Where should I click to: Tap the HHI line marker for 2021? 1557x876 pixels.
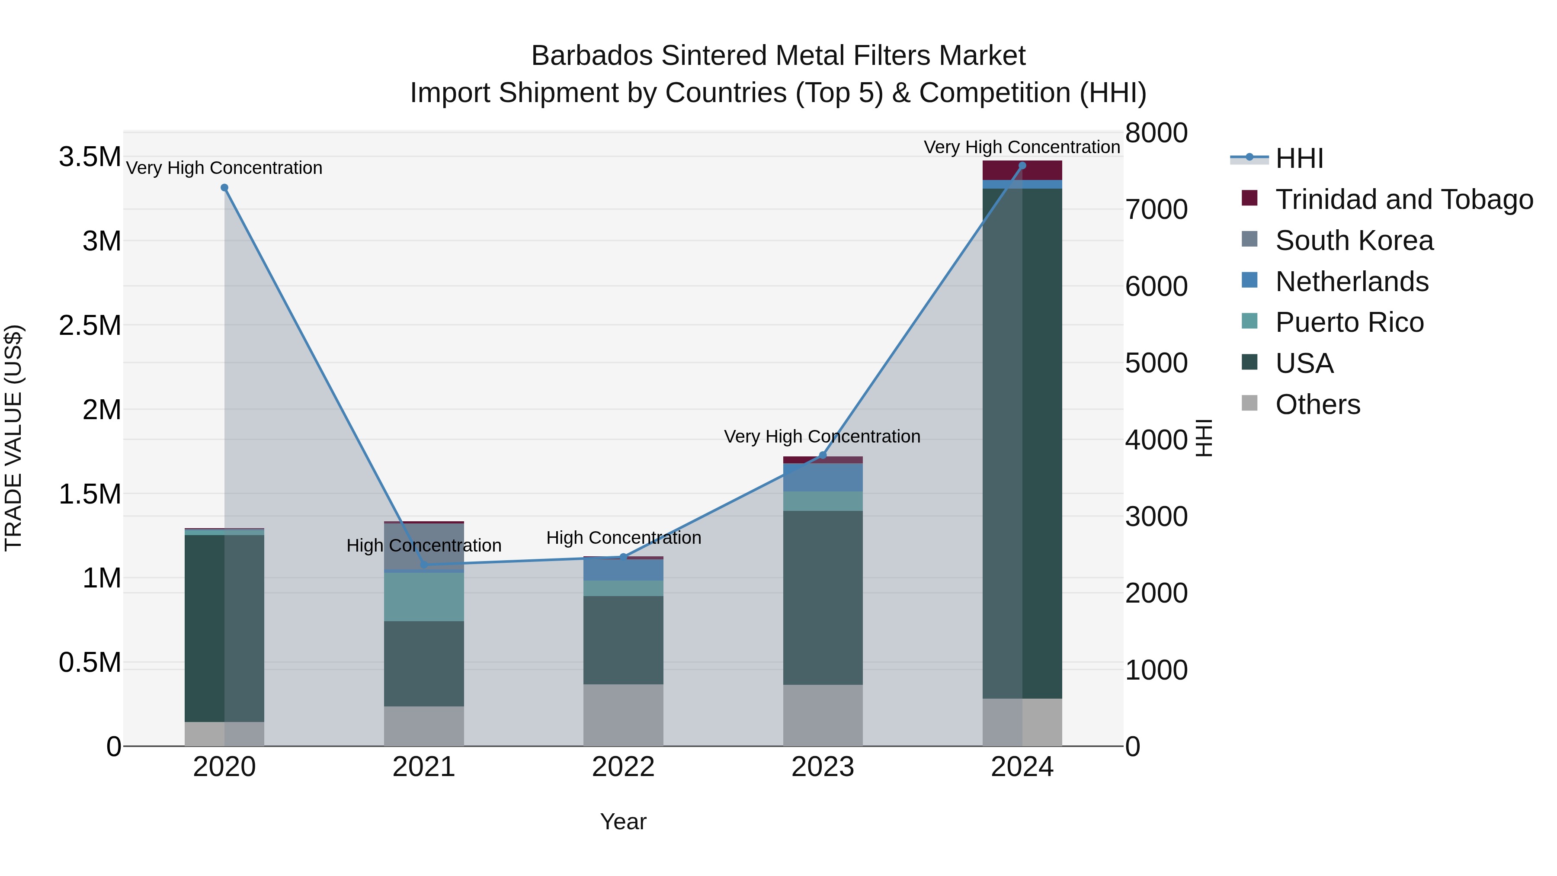point(424,565)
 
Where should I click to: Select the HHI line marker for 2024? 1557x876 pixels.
point(1022,166)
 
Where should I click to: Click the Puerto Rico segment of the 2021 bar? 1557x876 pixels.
point(424,597)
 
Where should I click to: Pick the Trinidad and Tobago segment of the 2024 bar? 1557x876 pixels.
point(1022,170)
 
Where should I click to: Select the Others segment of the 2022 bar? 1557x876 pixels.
point(623,715)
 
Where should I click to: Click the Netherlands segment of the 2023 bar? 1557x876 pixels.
point(823,478)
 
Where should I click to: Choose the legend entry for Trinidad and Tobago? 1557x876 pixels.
point(1403,199)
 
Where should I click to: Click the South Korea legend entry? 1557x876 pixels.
point(1354,241)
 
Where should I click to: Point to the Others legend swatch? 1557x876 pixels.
point(1249,403)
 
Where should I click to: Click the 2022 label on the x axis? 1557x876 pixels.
point(623,767)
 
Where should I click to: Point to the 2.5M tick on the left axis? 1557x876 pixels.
point(90,326)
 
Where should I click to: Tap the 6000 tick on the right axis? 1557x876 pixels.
point(1156,286)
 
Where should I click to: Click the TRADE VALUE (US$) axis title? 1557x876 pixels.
point(13,438)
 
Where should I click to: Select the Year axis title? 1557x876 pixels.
point(623,821)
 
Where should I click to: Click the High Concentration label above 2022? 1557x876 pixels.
point(623,537)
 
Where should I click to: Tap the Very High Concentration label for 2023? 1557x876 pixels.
point(822,436)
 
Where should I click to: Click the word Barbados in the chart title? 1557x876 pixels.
point(592,56)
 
